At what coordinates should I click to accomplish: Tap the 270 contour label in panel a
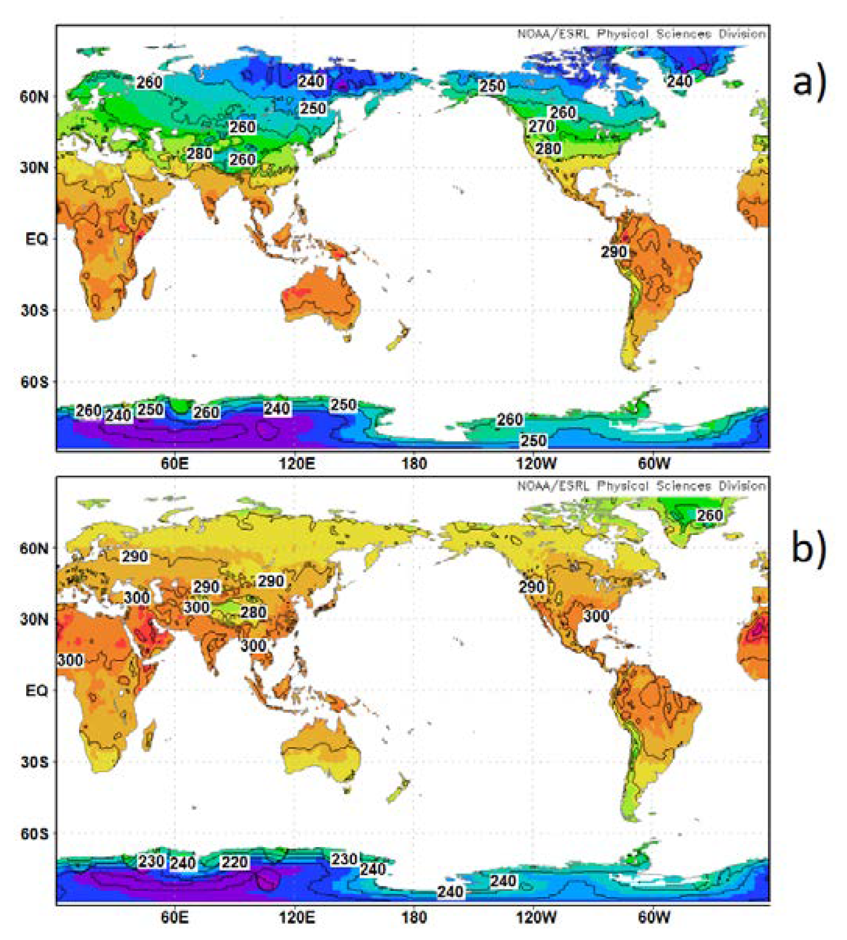click(x=541, y=126)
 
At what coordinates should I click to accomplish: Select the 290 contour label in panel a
click(x=614, y=252)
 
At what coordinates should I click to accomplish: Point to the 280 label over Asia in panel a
click(x=200, y=153)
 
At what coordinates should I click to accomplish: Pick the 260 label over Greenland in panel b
click(x=709, y=515)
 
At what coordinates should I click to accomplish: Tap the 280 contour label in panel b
click(x=253, y=612)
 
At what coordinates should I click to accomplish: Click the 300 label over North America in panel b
click(x=596, y=616)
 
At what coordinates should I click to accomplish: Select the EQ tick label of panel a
click(x=36, y=239)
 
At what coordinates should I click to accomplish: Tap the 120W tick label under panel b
click(x=536, y=917)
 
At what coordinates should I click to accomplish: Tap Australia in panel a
click(x=321, y=298)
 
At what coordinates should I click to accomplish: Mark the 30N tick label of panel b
click(x=34, y=619)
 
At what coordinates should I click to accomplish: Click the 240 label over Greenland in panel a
click(x=680, y=82)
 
